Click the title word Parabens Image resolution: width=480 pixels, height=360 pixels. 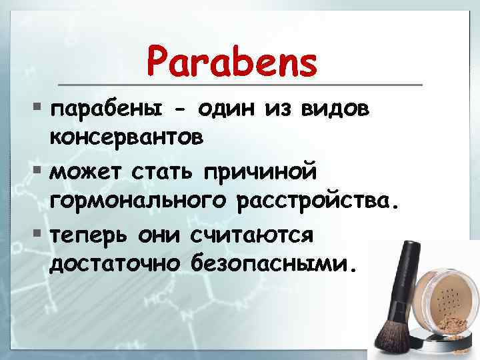233,63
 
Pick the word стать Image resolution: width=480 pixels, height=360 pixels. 157,172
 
